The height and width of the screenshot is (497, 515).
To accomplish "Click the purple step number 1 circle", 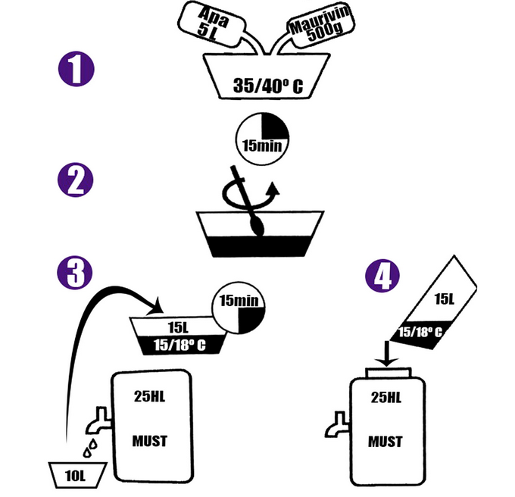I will coord(76,70).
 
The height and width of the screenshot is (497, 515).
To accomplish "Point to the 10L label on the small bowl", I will coord(72,475).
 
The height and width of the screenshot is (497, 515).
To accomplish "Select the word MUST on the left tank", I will coord(149,441).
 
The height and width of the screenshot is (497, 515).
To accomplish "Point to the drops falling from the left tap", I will coord(88,447).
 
